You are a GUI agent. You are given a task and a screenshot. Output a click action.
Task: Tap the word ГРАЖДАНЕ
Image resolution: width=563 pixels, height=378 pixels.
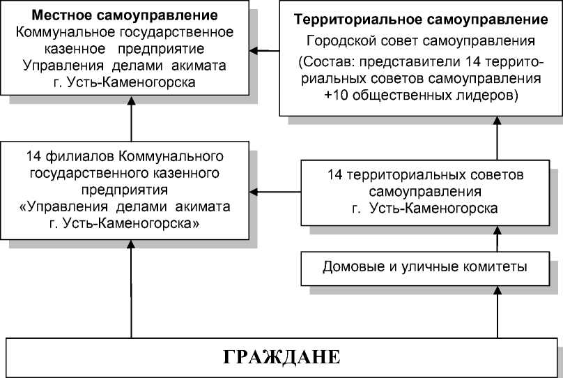tap(281, 358)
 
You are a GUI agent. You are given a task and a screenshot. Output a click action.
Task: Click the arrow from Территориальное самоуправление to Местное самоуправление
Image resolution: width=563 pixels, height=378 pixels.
tap(265, 50)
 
